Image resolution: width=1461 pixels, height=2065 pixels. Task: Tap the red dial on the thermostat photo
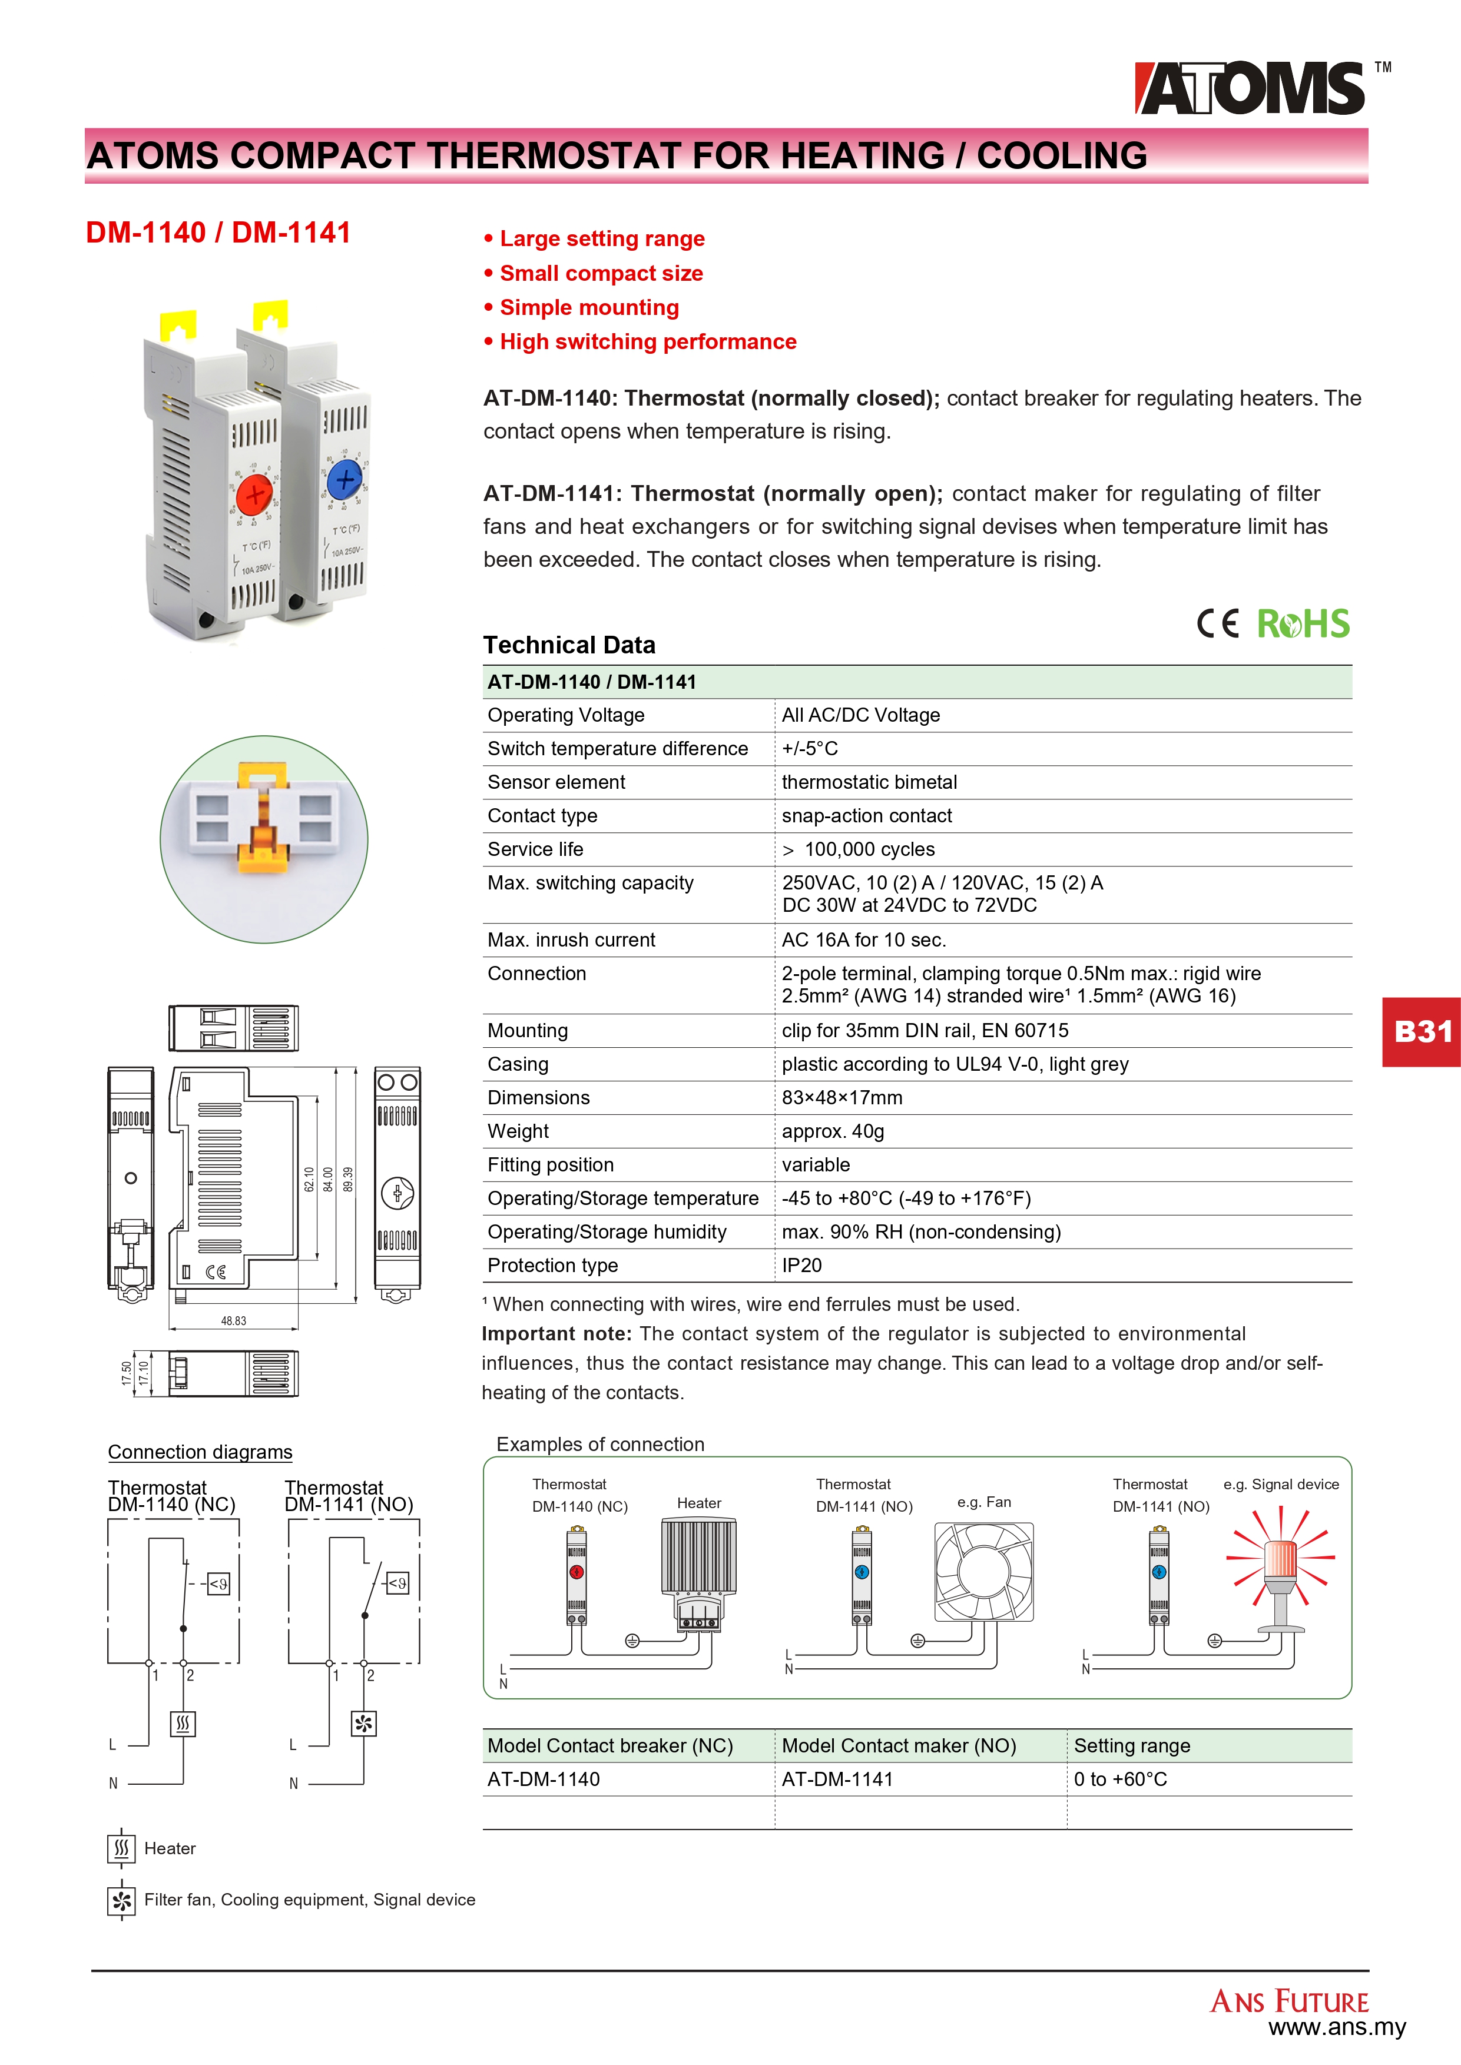click(254, 494)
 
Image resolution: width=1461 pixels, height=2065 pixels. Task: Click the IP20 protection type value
click(801, 1266)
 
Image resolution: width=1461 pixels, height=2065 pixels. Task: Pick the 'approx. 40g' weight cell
click(832, 1131)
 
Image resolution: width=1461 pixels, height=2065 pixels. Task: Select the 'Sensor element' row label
click(556, 782)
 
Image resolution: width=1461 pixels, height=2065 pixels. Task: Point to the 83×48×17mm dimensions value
click(842, 1098)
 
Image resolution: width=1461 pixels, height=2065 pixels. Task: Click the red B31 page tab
click(1422, 1031)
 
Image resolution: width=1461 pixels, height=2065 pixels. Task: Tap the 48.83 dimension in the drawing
click(233, 1321)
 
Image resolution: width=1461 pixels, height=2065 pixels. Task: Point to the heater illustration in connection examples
click(699, 1569)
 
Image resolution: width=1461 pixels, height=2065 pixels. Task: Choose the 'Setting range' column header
click(1132, 1746)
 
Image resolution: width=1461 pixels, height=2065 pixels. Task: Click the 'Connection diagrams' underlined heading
click(200, 1453)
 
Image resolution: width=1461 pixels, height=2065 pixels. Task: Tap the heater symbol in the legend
click(121, 1849)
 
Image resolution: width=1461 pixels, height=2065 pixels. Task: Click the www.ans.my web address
click(1337, 2027)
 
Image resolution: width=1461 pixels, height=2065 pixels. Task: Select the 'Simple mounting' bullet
click(589, 308)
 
